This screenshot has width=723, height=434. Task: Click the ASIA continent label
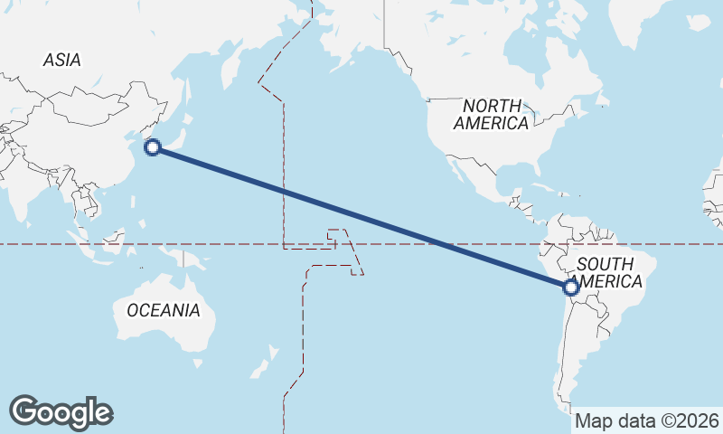coord(61,60)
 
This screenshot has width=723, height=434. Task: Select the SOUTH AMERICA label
coord(610,272)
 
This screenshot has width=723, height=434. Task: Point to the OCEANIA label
coord(163,310)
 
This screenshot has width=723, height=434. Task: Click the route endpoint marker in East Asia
coord(154,147)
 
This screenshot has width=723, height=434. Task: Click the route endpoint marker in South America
coord(570,288)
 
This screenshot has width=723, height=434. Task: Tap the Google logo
coord(61,412)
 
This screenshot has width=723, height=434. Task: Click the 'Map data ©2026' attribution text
coord(647,420)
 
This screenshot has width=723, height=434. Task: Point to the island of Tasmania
coord(196,364)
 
